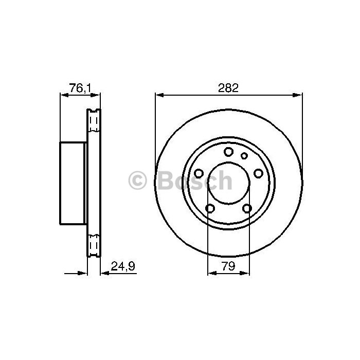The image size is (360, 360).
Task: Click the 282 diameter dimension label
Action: (x=228, y=88)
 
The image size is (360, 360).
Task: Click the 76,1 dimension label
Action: (x=80, y=88)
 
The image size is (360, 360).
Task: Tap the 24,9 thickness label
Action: (x=123, y=266)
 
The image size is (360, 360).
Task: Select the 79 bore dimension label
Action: (x=228, y=266)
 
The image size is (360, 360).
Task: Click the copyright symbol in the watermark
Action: (x=137, y=180)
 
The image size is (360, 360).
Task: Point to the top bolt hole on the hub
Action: (x=229, y=152)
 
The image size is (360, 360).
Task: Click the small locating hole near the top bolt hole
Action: (x=244, y=156)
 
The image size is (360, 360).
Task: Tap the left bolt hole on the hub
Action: (x=199, y=173)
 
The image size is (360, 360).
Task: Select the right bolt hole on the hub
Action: (x=258, y=173)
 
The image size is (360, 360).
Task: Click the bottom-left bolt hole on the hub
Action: (x=210, y=208)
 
